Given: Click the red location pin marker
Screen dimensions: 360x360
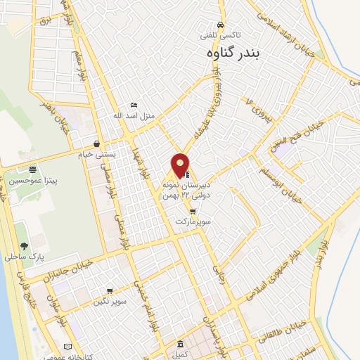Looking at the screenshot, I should pyautogui.click(x=180, y=165).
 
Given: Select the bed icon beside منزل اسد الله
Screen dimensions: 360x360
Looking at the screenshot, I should pyautogui.click(x=134, y=105).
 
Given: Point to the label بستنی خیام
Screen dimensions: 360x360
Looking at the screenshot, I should pyautogui.click(x=115, y=154).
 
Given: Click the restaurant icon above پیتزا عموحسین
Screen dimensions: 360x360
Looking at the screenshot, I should pyautogui.click(x=32, y=169).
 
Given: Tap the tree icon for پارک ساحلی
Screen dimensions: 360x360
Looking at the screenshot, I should pyautogui.click(x=25, y=246).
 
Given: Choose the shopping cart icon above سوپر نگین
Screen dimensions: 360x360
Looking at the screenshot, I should pyautogui.click(x=110, y=290).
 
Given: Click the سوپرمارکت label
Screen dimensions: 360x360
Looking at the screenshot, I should pyautogui.click(x=193, y=221).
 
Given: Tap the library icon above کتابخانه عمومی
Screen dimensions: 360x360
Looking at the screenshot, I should pyautogui.click(x=67, y=347).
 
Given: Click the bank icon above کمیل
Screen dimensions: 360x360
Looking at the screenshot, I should pyautogui.click(x=181, y=345).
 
